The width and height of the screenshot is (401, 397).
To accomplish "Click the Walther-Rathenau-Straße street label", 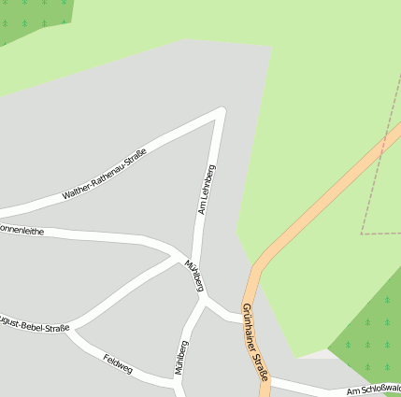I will point(105,175).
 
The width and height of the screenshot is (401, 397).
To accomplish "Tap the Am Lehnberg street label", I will point(207,190).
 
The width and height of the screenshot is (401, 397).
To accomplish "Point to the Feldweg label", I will point(119,363).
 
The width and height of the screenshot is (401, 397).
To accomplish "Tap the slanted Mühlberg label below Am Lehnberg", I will point(194,276).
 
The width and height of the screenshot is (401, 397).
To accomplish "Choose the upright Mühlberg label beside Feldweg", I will point(181,357).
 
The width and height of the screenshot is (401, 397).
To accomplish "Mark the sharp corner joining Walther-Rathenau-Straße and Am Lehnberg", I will point(222,111).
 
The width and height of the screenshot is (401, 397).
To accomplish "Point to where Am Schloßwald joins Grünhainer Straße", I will point(268,380).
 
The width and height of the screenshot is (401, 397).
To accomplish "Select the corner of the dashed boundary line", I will point(362,234).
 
